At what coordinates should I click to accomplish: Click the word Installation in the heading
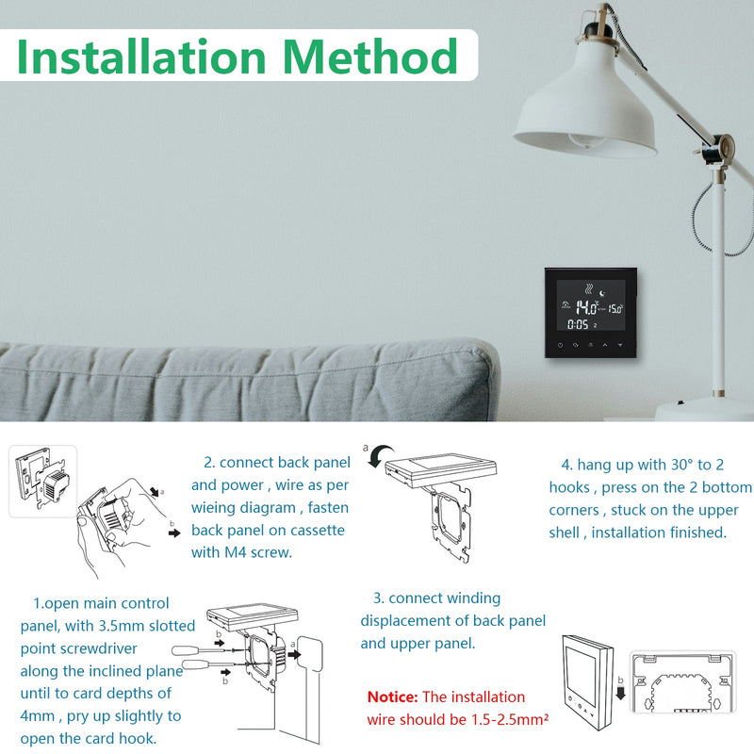pyautogui.click(x=141, y=57)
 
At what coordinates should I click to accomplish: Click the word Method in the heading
pyautogui.click(x=370, y=57)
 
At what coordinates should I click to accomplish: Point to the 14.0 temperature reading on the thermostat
pyautogui.click(x=586, y=307)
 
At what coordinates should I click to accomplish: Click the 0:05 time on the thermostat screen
pyautogui.click(x=578, y=324)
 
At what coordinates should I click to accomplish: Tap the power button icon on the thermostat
pyautogui.click(x=560, y=345)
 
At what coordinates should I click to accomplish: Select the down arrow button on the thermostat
pyautogui.click(x=620, y=345)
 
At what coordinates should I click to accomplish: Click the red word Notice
pyautogui.click(x=392, y=697)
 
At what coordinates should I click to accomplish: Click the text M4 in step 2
pyautogui.click(x=236, y=552)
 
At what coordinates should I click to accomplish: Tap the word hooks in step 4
pyautogui.click(x=569, y=487)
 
